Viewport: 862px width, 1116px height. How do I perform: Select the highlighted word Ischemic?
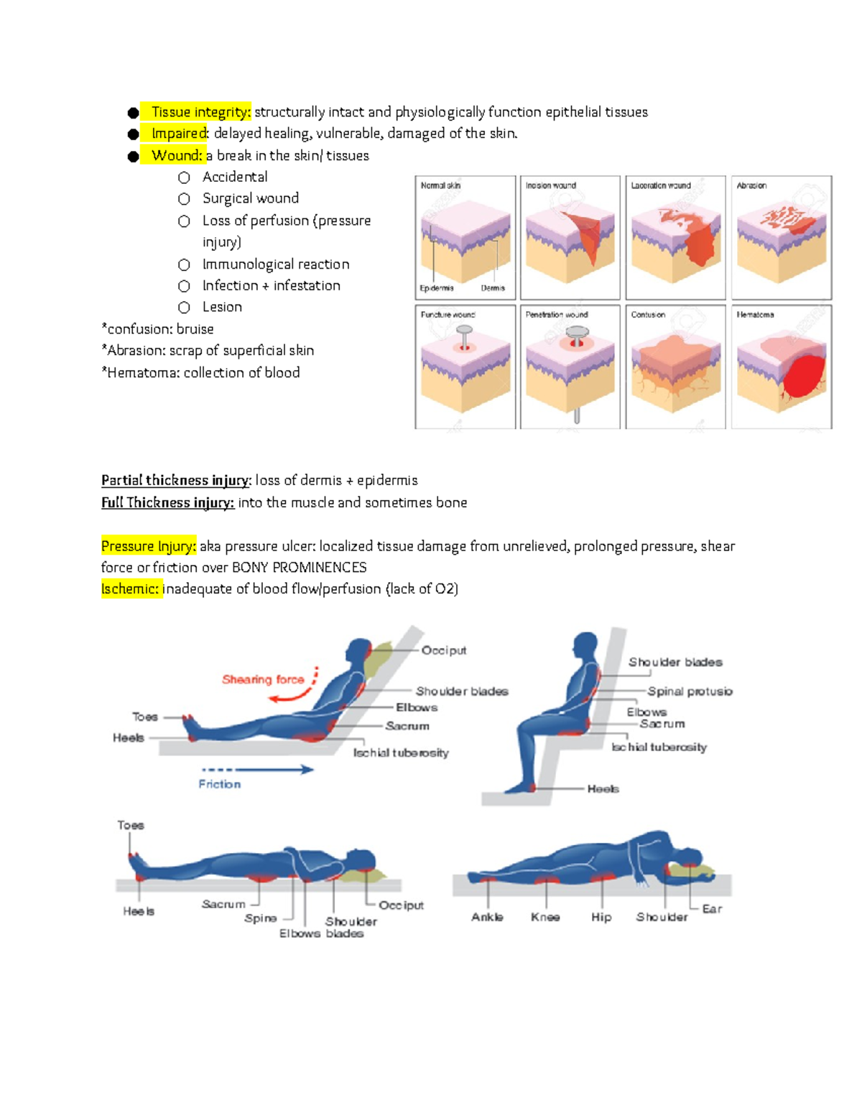[x=130, y=589]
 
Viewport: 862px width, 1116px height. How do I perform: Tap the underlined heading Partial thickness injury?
[x=175, y=480]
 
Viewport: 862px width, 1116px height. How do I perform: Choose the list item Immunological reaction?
[x=276, y=264]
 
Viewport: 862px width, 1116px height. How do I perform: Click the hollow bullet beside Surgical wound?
[x=185, y=199]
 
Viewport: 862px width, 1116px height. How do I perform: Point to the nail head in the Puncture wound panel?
[x=465, y=331]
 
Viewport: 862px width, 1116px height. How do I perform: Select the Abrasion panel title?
[x=751, y=185]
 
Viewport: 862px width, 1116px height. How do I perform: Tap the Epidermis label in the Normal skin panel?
[x=437, y=288]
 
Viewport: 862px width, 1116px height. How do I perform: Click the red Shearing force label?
[x=263, y=679]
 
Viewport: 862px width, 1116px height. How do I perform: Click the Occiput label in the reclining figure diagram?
[x=443, y=650]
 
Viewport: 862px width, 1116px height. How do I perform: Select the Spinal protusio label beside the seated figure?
[x=690, y=691]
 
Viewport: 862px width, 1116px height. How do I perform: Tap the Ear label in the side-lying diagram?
[x=712, y=909]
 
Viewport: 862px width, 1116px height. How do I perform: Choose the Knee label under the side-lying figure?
[x=545, y=917]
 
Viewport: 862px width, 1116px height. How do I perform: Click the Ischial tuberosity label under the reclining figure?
[x=401, y=753]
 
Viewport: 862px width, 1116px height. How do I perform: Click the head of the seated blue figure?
[x=585, y=645]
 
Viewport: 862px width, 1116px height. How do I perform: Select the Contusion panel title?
[x=648, y=315]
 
